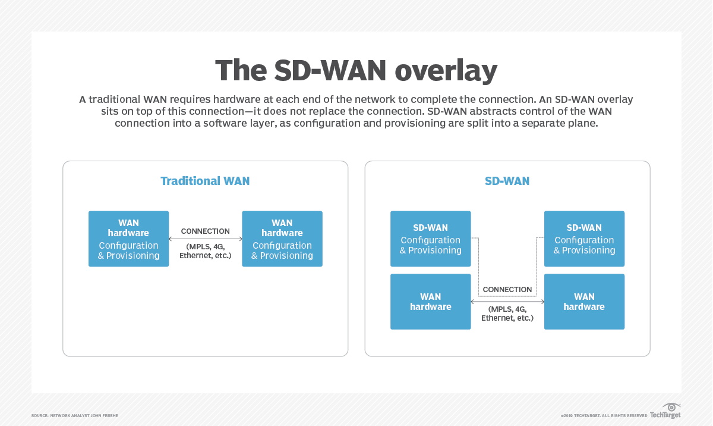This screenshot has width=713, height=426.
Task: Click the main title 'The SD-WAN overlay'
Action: click(x=356, y=71)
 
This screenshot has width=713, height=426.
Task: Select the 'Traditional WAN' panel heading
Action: click(x=205, y=181)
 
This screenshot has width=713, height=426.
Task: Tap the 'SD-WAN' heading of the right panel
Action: click(x=507, y=181)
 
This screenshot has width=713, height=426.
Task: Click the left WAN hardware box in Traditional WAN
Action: click(x=128, y=239)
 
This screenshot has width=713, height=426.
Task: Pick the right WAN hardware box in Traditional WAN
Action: click(x=282, y=239)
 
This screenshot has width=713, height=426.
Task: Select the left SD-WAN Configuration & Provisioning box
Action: click(x=430, y=239)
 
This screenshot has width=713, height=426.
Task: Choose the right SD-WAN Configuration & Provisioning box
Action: click(x=584, y=239)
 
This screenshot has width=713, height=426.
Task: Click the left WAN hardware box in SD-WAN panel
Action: click(x=430, y=302)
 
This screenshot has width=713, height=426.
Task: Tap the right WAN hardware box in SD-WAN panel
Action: click(x=584, y=302)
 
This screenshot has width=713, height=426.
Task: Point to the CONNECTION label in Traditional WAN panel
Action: click(x=205, y=231)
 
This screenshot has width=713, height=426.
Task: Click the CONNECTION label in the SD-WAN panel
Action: click(x=507, y=289)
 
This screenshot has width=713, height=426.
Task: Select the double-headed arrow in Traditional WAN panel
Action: click(x=206, y=239)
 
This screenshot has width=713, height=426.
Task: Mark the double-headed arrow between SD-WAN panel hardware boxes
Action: click(x=507, y=302)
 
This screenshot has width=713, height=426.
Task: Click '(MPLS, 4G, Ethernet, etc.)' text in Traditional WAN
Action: click(x=205, y=251)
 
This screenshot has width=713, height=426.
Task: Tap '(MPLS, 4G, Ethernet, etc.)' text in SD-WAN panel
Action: click(x=507, y=314)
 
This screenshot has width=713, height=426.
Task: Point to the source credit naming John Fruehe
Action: click(x=75, y=415)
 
